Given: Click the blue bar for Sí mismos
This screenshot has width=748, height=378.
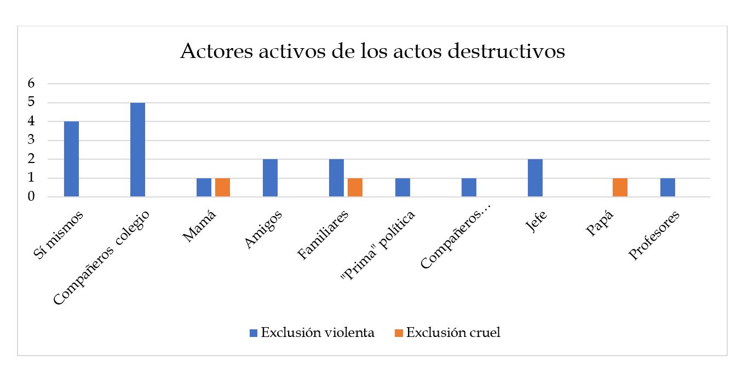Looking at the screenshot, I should (x=71, y=159).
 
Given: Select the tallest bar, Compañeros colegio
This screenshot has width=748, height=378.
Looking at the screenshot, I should (x=137, y=149).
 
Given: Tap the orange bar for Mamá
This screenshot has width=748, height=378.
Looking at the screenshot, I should (x=222, y=187).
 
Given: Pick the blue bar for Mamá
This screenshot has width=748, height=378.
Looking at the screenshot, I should (x=204, y=187).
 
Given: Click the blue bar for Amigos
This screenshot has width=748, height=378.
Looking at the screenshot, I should (x=270, y=178).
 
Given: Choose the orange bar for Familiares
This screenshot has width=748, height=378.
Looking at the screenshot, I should (x=355, y=187).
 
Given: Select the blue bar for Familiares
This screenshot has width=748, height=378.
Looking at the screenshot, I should (x=336, y=178).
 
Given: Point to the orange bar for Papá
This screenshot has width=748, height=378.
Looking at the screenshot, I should (x=620, y=187).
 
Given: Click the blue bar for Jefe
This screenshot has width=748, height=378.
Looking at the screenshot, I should (x=535, y=178).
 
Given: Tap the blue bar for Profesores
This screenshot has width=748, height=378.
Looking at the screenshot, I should (x=668, y=187).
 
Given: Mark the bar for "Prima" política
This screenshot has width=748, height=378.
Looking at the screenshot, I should (x=402, y=187).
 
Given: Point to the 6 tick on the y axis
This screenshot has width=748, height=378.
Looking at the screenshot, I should (x=31, y=84).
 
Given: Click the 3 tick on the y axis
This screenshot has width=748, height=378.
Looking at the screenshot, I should (x=31, y=140).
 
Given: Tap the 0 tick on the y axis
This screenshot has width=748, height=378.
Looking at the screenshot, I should (x=31, y=196).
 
